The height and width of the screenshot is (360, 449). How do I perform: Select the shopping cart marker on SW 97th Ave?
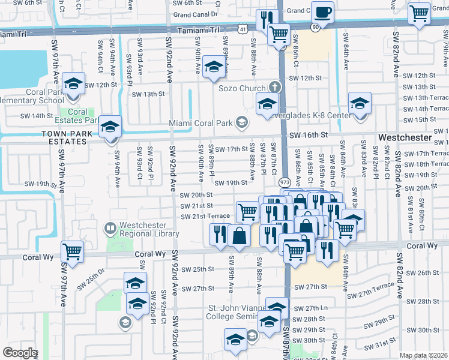point(73,251)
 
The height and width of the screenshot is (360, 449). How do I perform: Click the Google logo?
point(19,353)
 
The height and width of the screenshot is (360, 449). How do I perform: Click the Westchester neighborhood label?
point(405,137)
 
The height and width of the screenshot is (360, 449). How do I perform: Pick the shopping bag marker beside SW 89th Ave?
point(239,235)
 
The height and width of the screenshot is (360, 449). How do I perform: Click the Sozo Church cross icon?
point(276,88)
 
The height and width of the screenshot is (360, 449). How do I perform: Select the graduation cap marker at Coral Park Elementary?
point(74,83)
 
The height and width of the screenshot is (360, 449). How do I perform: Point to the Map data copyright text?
point(424,356)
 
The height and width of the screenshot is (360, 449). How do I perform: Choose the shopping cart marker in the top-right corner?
point(419,14)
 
